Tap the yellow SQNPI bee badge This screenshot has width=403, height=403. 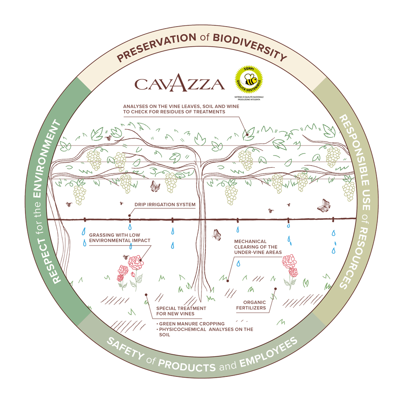pyautogui.click(x=249, y=79)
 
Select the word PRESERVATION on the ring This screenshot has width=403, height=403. pyautogui.click(x=156, y=47)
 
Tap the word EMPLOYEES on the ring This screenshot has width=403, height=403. pyautogui.click(x=269, y=353)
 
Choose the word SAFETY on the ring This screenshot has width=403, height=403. pyautogui.click(x=126, y=349)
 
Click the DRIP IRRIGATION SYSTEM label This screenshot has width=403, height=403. pyautogui.click(x=165, y=205)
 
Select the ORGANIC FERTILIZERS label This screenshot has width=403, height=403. pyautogui.click(x=251, y=305)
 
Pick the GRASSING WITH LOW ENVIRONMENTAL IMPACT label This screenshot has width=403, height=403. pyautogui.click(x=120, y=238)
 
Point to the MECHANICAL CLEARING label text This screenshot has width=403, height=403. pyautogui.click(x=258, y=247)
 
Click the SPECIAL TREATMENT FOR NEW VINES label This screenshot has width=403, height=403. pyautogui.click(x=181, y=311)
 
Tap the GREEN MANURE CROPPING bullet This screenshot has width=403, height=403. pyautogui.click(x=191, y=324)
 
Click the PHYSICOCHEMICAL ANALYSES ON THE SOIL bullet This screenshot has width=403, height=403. pyautogui.click(x=205, y=332)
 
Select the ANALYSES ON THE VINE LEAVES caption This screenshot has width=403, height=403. pyautogui.click(x=181, y=109)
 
